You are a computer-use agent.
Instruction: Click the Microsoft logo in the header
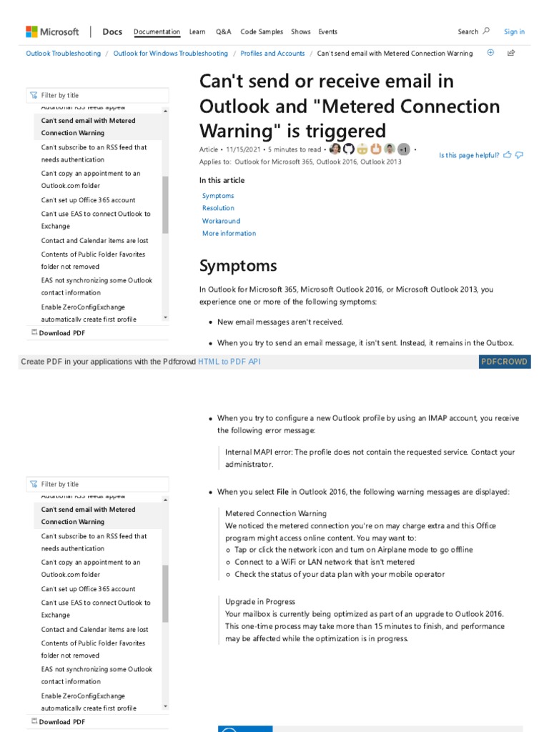(x=52, y=31)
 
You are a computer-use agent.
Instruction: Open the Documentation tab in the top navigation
(x=157, y=31)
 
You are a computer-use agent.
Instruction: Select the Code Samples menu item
(x=262, y=31)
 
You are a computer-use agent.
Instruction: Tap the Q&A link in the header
(x=223, y=31)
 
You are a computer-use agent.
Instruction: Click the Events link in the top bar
(x=328, y=31)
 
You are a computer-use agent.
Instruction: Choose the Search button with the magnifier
(x=473, y=31)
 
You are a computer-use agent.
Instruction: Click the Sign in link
(x=514, y=31)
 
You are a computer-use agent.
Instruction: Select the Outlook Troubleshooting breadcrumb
(x=64, y=54)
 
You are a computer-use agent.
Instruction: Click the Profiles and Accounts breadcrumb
(x=272, y=54)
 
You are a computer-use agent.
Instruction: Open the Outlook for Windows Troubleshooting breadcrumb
(x=171, y=54)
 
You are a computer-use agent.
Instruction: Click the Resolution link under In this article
(x=218, y=208)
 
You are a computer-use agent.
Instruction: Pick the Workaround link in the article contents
(x=221, y=221)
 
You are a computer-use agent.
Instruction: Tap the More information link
(x=229, y=233)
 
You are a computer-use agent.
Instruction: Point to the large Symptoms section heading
(x=238, y=266)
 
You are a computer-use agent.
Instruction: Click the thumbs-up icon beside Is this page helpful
(x=508, y=154)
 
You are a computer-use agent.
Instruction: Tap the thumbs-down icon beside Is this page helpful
(x=520, y=154)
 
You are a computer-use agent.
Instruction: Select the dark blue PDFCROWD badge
(x=504, y=362)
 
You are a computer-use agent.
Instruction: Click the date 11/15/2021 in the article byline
(x=243, y=149)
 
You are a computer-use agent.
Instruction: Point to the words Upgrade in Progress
(x=260, y=602)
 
